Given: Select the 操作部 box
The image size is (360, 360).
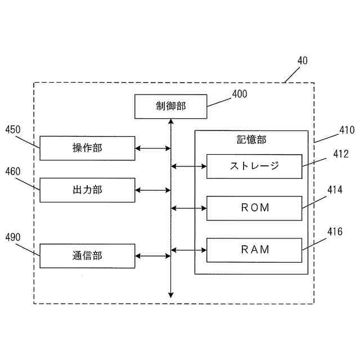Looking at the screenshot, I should (x=87, y=148).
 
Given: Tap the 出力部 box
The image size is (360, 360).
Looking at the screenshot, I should (x=87, y=190).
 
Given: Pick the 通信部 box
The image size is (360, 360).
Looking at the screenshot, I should (x=87, y=256).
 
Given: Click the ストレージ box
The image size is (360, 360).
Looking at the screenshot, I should (x=254, y=166).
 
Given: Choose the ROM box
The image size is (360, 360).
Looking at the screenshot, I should (x=254, y=208).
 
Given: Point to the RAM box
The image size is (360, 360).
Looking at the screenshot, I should (x=254, y=250).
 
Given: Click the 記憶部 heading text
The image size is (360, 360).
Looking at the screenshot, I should (x=251, y=140).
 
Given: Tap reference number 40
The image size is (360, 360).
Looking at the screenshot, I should (x=302, y=61).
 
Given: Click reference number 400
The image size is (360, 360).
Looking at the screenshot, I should (x=239, y=94).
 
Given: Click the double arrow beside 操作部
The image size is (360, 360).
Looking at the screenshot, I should (x=153, y=148).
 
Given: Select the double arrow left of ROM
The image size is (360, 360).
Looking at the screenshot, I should (x=189, y=208).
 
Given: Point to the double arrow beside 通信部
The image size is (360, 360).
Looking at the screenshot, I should (x=153, y=256).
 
